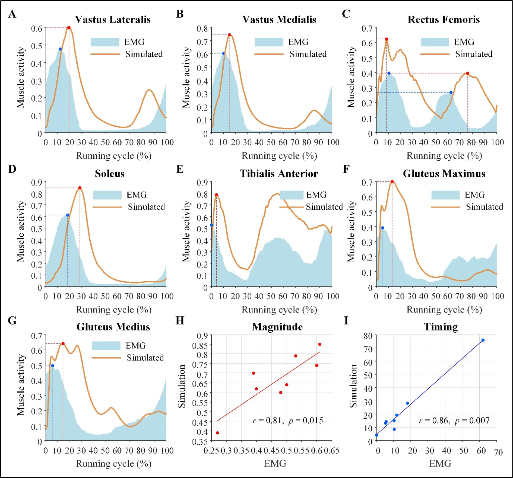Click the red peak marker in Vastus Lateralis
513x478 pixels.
pos(69,28)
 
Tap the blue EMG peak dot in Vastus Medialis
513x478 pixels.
pos(224,54)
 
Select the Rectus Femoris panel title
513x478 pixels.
pos(444,20)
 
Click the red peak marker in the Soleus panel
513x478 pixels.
pos(80,188)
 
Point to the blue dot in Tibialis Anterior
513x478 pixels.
pos(212,225)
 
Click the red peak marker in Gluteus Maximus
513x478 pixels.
pos(392,181)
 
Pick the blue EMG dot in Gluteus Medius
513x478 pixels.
pos(53,366)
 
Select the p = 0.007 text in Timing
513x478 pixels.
pos(472,420)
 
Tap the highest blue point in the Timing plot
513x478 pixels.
pos(483,340)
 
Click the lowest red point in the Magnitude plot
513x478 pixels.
pos(217,433)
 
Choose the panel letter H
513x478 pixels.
pos(180,321)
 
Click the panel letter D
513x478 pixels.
pos(12,169)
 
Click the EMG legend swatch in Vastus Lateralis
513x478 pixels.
pos(105,42)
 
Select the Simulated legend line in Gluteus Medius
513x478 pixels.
pos(106,358)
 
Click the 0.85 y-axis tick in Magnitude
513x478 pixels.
pos(199,345)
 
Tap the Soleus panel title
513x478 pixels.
pos(109,173)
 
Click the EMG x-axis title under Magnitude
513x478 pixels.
pos(275,463)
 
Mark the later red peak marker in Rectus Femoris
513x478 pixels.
pos(468,73)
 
